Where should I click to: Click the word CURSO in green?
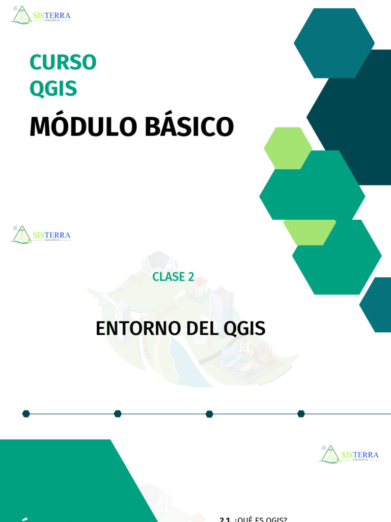[x=63, y=63]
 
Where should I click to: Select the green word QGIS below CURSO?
[x=53, y=89]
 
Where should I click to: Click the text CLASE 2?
[x=173, y=277]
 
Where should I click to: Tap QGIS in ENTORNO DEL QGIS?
[x=245, y=329]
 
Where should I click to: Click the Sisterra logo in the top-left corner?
[x=40, y=15]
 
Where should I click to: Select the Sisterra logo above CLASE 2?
[x=40, y=234]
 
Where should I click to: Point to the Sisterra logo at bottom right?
[x=349, y=454]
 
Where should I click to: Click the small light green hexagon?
[x=288, y=148]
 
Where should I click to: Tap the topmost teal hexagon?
[x=334, y=43]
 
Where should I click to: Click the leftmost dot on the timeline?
[x=26, y=413]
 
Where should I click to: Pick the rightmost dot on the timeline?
[x=301, y=413]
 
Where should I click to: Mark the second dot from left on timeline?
[x=118, y=413]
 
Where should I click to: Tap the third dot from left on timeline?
[x=209, y=413]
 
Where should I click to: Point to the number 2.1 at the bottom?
[x=226, y=519]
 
